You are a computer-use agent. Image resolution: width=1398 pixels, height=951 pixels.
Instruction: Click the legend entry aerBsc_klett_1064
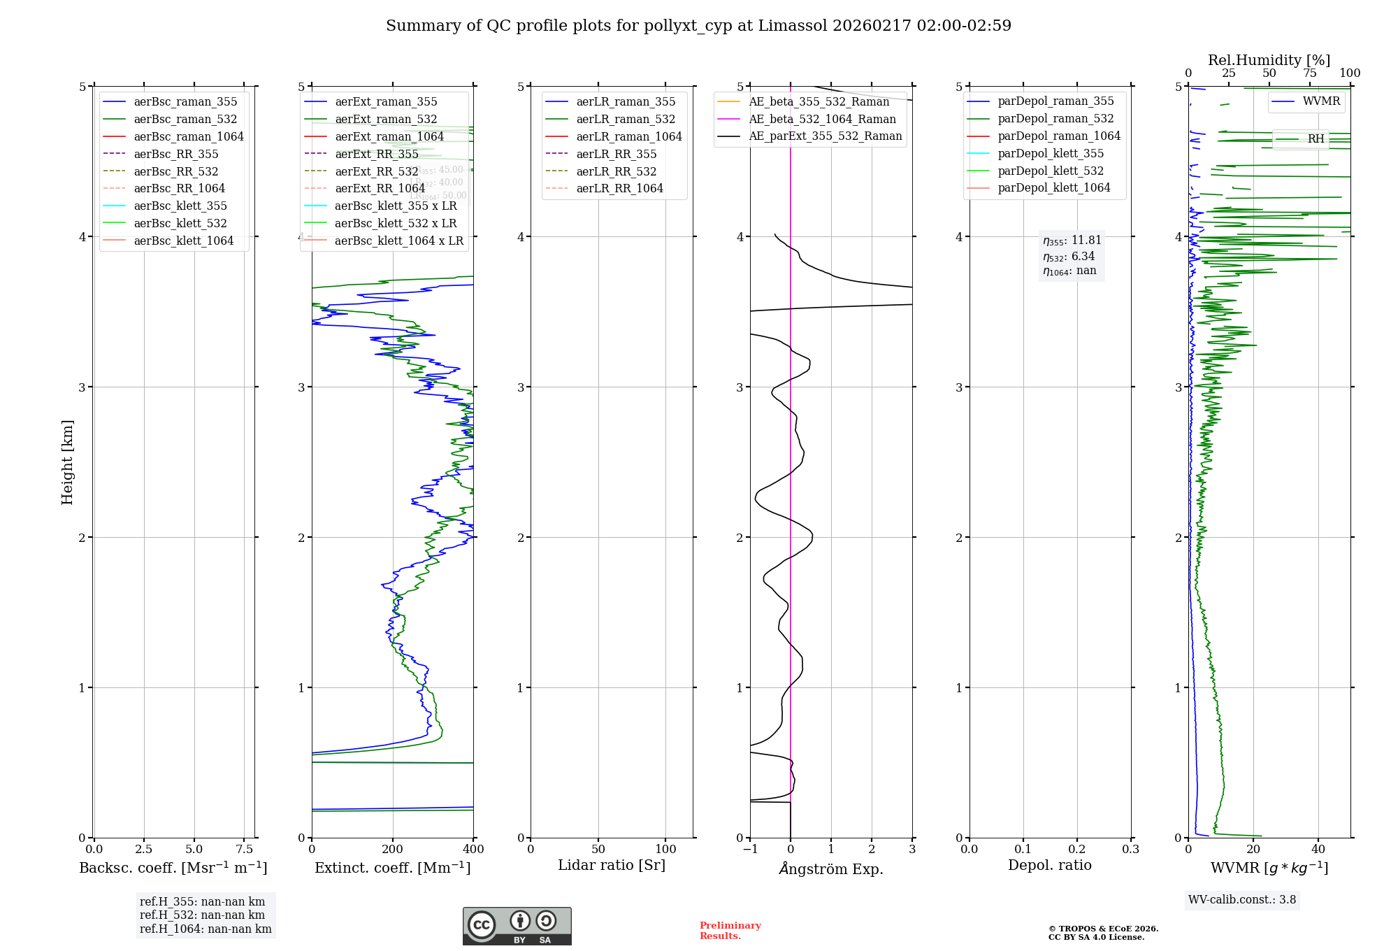click(x=184, y=241)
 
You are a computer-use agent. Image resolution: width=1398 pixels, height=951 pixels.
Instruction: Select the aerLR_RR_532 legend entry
click(x=616, y=171)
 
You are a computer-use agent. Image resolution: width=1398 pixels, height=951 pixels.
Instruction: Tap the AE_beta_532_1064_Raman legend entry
click(x=822, y=119)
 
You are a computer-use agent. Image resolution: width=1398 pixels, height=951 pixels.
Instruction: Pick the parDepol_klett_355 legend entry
click(x=1051, y=153)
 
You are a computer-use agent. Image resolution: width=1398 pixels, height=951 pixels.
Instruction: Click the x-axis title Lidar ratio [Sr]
click(x=612, y=865)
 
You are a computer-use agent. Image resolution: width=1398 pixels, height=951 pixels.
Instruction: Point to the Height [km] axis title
click(x=67, y=462)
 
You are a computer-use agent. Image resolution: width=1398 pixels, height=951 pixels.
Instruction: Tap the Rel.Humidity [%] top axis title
click(x=1269, y=60)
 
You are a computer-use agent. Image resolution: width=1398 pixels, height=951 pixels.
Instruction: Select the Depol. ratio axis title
click(x=1049, y=865)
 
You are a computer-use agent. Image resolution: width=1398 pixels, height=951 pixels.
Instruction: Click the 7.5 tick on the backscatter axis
click(x=244, y=849)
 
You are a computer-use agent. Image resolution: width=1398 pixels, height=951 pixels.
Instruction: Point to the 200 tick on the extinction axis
click(x=393, y=849)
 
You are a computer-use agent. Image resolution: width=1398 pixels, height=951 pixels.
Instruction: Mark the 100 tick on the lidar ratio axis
click(x=665, y=849)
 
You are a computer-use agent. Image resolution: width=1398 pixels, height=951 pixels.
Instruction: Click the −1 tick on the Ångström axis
click(x=750, y=849)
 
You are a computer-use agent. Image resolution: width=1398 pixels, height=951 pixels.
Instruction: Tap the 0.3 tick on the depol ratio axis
click(x=1130, y=849)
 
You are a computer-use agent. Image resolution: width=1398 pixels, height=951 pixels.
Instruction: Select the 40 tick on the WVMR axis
click(x=1318, y=849)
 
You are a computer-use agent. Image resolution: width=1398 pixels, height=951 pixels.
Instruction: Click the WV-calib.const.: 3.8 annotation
click(x=1242, y=899)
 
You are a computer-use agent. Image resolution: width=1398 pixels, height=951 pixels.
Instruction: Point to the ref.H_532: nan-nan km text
click(x=202, y=915)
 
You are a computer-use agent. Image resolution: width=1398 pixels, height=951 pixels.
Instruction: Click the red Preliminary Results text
click(x=730, y=931)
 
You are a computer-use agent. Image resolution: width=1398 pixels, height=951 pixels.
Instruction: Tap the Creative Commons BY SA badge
click(x=517, y=927)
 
